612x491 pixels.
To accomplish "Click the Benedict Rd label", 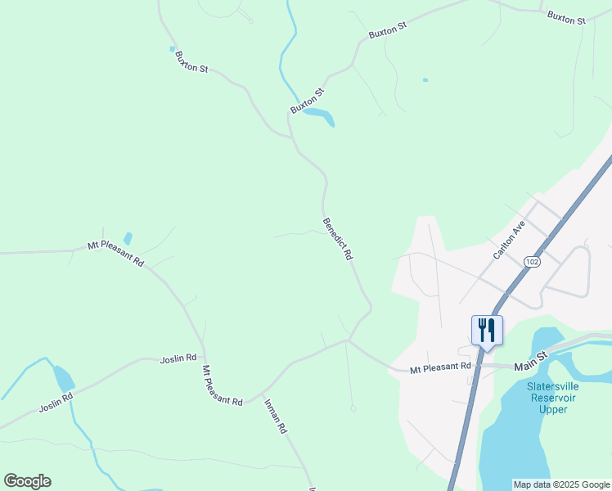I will pyautogui.click(x=337, y=239).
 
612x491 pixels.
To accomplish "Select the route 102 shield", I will pyautogui.click(x=533, y=261).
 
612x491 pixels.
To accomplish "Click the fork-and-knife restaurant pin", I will pyautogui.click(x=487, y=330).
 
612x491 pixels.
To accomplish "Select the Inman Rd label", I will pyautogui.click(x=276, y=416).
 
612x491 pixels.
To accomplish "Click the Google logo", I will pyautogui.click(x=27, y=481).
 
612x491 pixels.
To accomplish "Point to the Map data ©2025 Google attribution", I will pyautogui.click(x=561, y=484).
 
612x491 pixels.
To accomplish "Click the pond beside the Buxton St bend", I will pyautogui.click(x=320, y=116).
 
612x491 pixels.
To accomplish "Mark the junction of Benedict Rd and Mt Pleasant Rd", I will pyautogui.click(x=350, y=339).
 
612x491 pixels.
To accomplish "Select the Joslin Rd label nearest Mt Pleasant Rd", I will pyautogui.click(x=178, y=358).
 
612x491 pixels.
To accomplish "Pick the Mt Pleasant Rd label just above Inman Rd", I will pyautogui.click(x=223, y=385).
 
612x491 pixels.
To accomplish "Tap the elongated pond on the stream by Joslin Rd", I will pyautogui.click(x=63, y=378).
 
